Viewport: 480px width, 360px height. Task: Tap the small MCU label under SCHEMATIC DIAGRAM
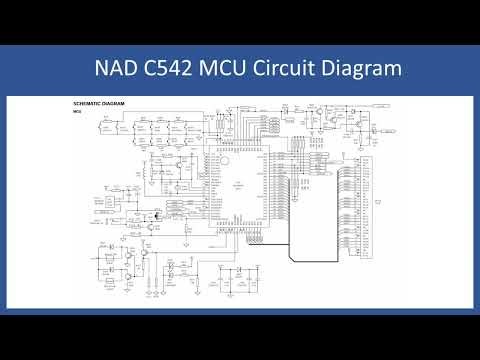coord(77,111)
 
